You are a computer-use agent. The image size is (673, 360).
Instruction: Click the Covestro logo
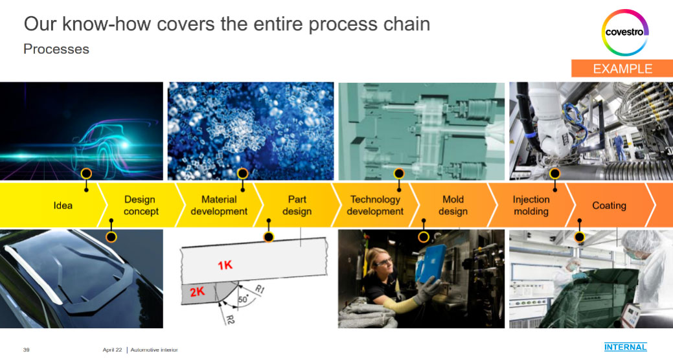[x=624, y=32]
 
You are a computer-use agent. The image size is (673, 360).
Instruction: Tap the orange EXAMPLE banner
[x=622, y=69]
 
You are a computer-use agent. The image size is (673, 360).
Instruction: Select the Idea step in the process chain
[x=63, y=205]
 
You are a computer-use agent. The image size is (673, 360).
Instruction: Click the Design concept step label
[x=141, y=205]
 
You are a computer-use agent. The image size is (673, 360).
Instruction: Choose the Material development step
[x=219, y=205]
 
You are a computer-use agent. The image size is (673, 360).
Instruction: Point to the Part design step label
[x=297, y=205]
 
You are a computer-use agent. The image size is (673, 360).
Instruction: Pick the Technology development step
[x=375, y=205]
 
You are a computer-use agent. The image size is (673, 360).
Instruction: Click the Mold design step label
[x=453, y=205]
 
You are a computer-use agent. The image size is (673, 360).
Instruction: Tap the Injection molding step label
[x=531, y=205]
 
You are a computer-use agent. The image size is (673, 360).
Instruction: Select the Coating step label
[x=609, y=205]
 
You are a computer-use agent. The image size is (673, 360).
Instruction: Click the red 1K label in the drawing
[x=225, y=265]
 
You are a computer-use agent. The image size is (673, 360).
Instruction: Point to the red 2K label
[x=198, y=292]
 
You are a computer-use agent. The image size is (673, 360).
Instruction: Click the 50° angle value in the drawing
[x=243, y=299]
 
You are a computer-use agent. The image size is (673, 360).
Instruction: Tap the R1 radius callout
[x=260, y=289]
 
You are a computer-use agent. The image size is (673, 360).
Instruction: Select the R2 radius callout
[x=230, y=319]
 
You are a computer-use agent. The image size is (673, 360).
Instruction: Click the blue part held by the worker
[x=432, y=262]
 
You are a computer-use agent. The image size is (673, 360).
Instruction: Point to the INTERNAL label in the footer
[x=625, y=346]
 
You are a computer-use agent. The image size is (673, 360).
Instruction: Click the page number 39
[x=26, y=350]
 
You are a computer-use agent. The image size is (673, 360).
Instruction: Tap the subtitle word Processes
[x=56, y=49]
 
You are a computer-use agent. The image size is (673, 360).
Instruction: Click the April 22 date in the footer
[x=113, y=350]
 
